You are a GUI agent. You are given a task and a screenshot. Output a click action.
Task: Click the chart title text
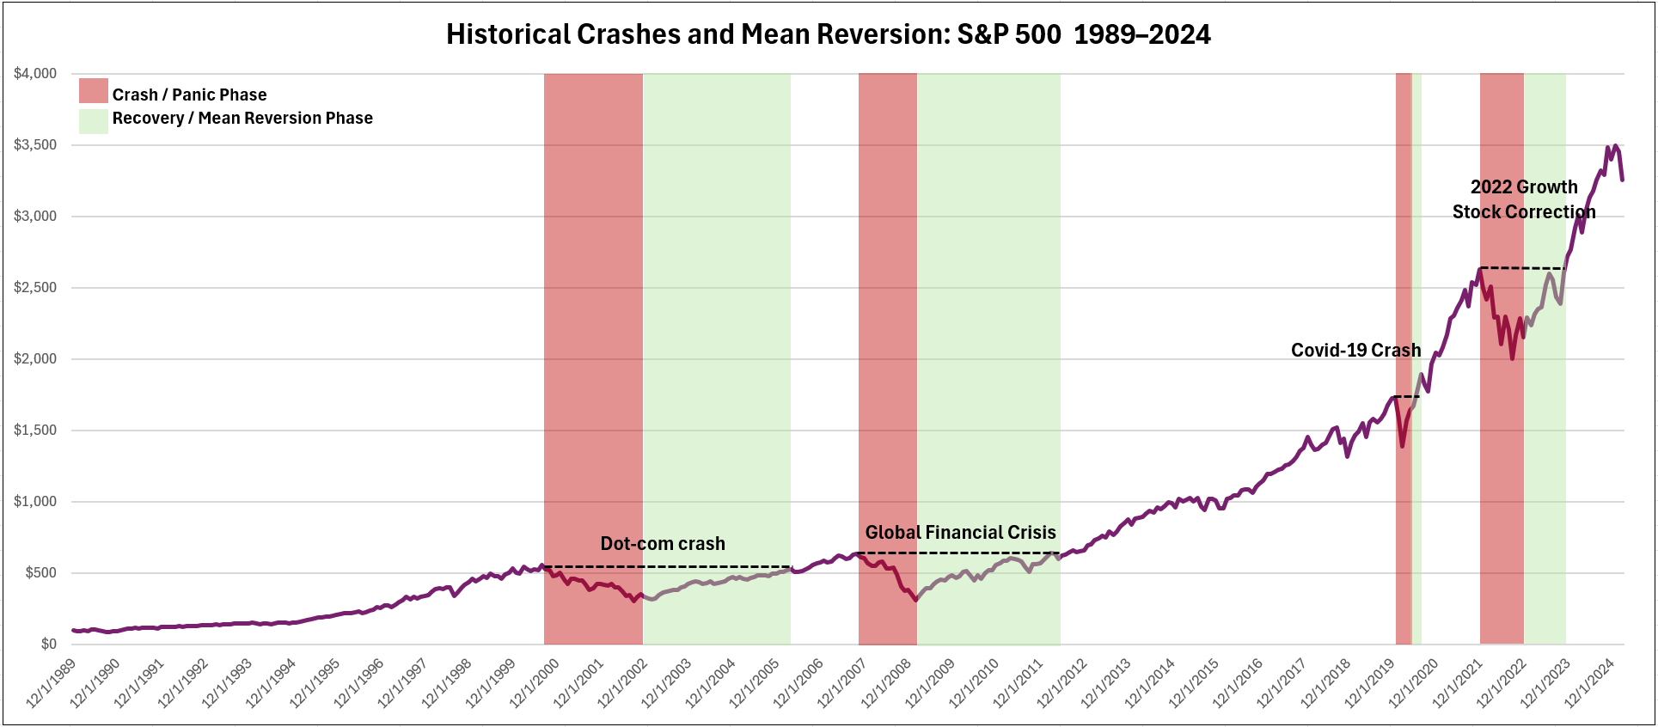tap(828, 34)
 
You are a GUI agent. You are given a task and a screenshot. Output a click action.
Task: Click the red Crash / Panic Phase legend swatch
tap(93, 91)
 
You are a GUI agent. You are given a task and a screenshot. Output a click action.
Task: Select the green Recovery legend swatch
tap(93, 121)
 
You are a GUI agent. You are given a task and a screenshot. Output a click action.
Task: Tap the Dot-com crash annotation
tap(662, 544)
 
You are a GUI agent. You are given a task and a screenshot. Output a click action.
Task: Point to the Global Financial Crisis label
tap(960, 533)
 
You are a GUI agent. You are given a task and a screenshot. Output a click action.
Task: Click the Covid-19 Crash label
tap(1355, 351)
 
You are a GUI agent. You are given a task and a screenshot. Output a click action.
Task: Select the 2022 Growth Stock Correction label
tap(1523, 199)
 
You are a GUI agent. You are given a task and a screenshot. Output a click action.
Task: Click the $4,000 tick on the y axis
tap(35, 74)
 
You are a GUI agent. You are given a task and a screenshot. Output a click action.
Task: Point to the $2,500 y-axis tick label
tap(35, 288)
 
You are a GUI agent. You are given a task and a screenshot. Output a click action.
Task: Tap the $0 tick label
tap(48, 645)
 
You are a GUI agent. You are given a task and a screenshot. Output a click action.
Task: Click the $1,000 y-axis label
tap(35, 502)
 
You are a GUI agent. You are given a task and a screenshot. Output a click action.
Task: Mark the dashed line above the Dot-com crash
tap(666, 567)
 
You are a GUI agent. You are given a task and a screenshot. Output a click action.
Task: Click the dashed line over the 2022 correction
tap(1522, 269)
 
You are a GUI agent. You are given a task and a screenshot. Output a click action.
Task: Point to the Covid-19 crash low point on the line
tap(1402, 445)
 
